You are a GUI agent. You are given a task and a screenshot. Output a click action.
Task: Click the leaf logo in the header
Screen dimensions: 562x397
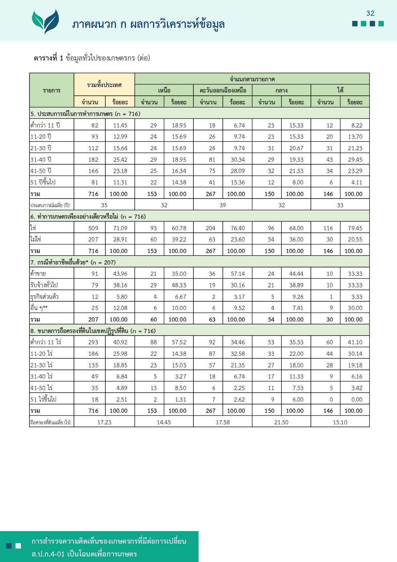pyautogui.click(x=45, y=21)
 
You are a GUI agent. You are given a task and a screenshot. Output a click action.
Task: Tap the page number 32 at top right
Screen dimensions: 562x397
pyautogui.click(x=370, y=13)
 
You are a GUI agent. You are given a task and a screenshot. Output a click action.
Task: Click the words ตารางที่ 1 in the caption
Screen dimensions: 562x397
pyautogui.click(x=49, y=58)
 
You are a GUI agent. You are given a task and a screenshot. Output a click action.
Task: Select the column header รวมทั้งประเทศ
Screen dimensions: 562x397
pyautogui.click(x=104, y=85)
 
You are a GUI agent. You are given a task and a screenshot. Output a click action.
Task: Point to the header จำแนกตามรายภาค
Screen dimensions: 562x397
pyautogui.click(x=252, y=79)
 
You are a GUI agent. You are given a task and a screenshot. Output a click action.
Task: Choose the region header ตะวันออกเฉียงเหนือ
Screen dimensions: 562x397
pyautogui.click(x=223, y=91)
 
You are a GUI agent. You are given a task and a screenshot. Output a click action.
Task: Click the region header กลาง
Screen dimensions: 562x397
pyautogui.click(x=281, y=91)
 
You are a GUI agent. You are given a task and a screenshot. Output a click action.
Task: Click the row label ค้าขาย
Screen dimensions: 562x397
pyautogui.click(x=38, y=273)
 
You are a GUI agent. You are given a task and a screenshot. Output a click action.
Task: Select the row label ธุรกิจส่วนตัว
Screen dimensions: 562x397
pyautogui.click(x=45, y=297)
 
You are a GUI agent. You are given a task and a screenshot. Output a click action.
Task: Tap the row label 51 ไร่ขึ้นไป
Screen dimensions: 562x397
pyautogui.click(x=43, y=399)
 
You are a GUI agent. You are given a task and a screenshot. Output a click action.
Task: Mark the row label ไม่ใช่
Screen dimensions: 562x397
pyautogui.click(x=36, y=239)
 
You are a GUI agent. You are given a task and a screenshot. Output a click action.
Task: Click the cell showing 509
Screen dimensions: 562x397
pyautogui.click(x=93, y=228)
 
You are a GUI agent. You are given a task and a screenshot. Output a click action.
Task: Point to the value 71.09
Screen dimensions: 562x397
pyautogui.click(x=120, y=228)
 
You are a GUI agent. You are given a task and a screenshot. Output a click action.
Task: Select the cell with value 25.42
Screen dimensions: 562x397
pyautogui.click(x=120, y=160)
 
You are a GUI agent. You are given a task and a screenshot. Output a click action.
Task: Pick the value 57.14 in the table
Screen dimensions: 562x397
pyautogui.click(x=238, y=274)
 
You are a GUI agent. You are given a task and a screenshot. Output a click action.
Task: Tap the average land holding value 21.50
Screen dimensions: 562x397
pyautogui.click(x=281, y=422)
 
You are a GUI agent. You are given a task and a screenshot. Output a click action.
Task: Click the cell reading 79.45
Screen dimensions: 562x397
pyautogui.click(x=355, y=228)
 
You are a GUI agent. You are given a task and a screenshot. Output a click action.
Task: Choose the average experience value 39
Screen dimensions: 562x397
pyautogui.click(x=223, y=205)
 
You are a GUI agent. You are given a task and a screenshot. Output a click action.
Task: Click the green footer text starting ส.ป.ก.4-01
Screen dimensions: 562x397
pyautogui.click(x=84, y=554)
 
